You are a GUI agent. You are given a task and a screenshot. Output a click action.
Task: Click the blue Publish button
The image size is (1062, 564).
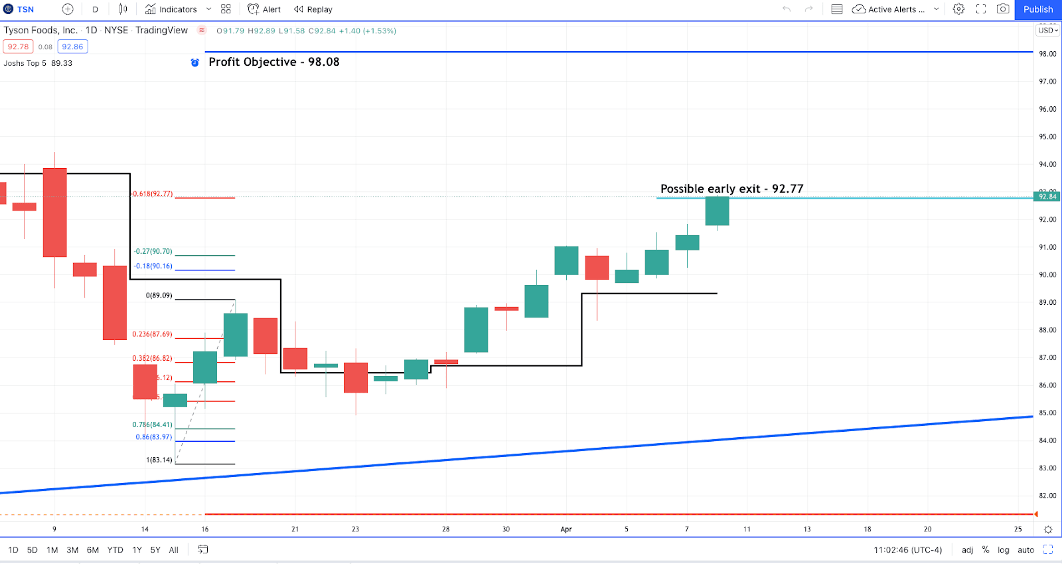point(1037,9)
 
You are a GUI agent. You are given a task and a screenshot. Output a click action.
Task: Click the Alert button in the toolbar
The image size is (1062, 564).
point(264,9)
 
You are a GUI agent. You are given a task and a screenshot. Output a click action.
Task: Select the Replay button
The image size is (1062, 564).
point(313,9)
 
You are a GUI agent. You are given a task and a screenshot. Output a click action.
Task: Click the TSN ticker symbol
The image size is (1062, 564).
point(25,9)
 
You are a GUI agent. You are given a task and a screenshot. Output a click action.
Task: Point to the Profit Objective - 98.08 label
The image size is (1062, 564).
point(273,62)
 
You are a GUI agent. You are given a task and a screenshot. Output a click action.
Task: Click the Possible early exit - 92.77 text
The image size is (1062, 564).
point(731,189)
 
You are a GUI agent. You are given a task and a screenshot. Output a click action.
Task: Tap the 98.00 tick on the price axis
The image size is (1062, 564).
point(1047,54)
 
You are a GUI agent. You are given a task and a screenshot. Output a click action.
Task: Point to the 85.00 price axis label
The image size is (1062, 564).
point(1047,413)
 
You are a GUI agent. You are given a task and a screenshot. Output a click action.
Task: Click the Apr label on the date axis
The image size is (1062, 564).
point(566,529)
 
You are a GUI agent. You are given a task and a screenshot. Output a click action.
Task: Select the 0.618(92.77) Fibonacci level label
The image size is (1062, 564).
point(152,194)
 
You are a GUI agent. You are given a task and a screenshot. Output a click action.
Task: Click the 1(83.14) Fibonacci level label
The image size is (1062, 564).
point(159,460)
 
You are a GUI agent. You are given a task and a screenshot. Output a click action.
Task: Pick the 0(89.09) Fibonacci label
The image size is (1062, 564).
point(159,296)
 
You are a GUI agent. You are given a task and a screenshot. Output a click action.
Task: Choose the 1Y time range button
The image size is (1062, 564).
point(137,550)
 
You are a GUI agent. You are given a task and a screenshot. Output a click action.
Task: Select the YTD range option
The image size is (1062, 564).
point(115,550)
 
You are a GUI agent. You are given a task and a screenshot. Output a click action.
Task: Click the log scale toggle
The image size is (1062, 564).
point(1003,550)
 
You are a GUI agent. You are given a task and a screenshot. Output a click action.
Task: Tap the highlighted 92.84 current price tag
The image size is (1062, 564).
point(1047,197)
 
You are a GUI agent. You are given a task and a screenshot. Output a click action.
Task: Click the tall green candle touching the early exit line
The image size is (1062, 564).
point(717,211)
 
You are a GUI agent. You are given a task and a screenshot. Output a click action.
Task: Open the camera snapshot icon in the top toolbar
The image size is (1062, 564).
point(1003,9)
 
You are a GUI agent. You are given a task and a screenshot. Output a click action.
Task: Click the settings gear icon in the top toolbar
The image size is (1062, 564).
point(958,9)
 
